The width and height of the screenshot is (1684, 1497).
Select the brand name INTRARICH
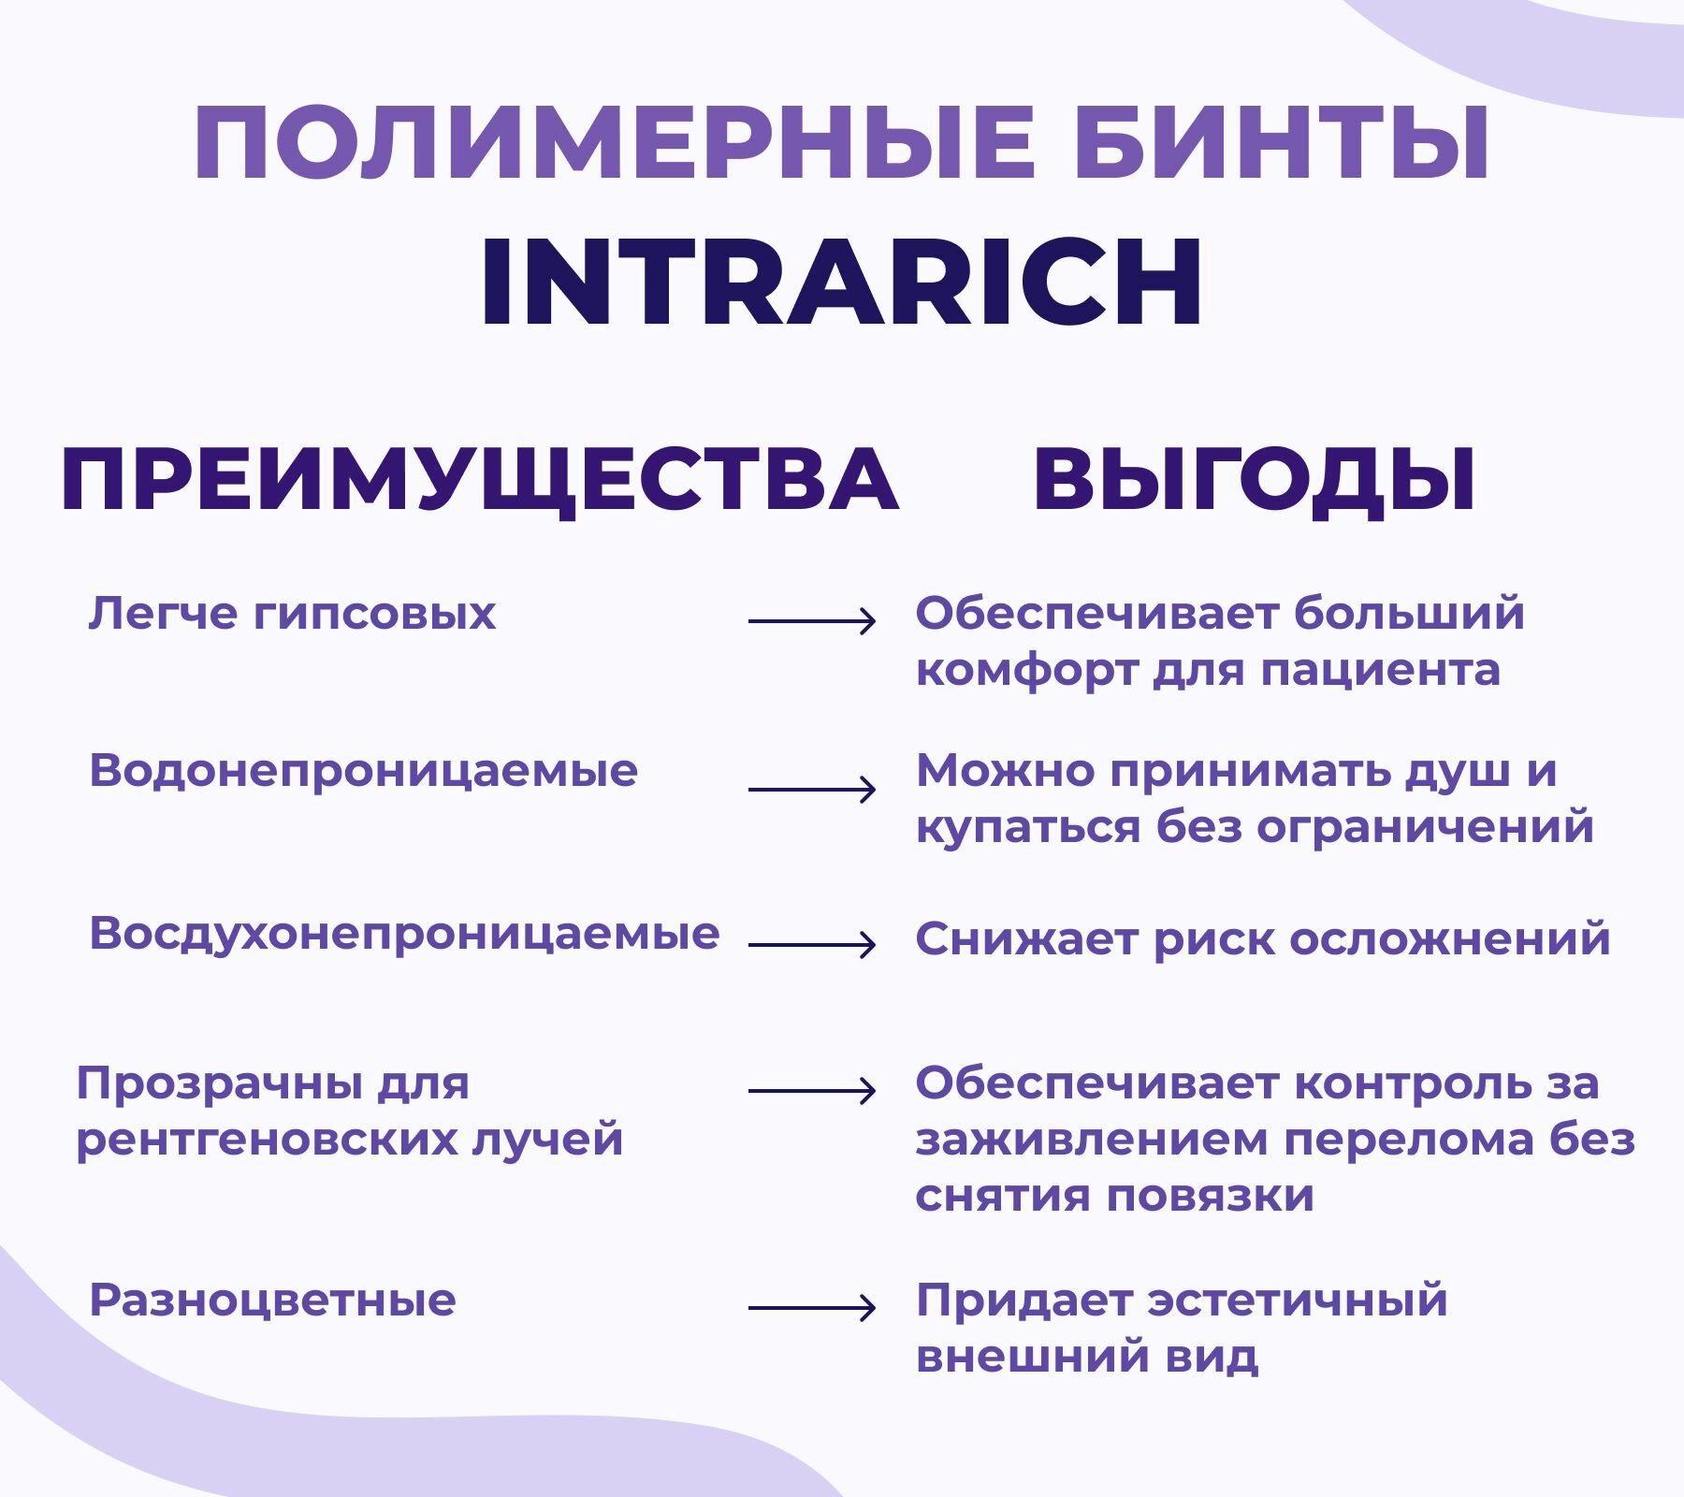click(x=841, y=282)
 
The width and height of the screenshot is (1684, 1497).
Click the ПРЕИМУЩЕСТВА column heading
click(x=479, y=481)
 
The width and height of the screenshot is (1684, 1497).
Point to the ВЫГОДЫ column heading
click(x=1254, y=481)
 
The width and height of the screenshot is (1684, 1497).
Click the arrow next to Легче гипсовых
click(x=811, y=620)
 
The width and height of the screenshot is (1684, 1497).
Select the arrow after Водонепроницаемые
click(x=811, y=790)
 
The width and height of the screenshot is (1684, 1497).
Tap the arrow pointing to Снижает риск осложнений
click(x=811, y=945)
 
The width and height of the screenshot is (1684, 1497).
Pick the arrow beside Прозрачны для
click(x=811, y=1090)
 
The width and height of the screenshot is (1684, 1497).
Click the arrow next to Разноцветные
click(x=811, y=1307)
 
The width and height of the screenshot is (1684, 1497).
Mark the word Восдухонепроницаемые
click(x=404, y=935)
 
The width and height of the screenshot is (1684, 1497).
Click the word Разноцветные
click(x=272, y=1301)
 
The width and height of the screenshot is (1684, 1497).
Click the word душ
click(x=1460, y=773)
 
